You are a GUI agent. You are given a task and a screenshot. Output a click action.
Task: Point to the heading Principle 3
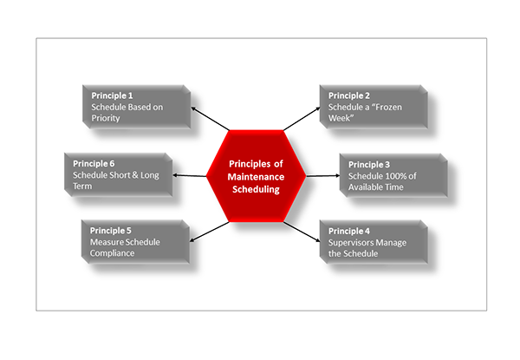(369, 164)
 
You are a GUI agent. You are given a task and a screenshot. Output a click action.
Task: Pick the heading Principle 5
(111, 231)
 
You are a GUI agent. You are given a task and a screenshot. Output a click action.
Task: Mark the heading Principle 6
(93, 164)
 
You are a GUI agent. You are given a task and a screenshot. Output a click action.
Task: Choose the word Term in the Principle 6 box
(83, 186)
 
